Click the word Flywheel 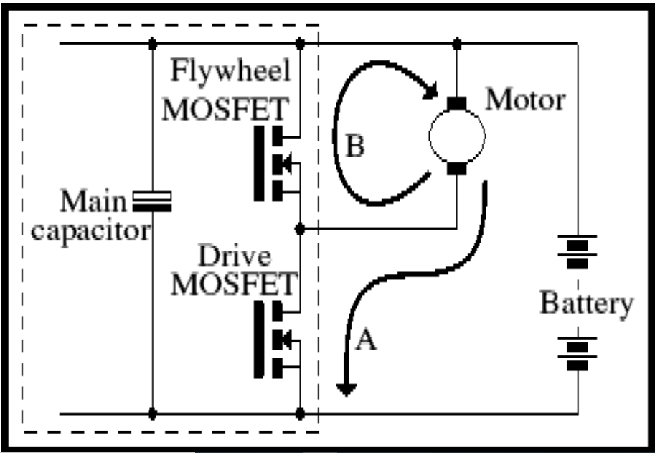click(x=230, y=73)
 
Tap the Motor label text click(x=525, y=100)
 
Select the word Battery click(x=586, y=304)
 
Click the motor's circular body click(x=456, y=136)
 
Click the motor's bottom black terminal click(x=456, y=169)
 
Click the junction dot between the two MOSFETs click(x=301, y=229)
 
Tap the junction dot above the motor click(x=456, y=43)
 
